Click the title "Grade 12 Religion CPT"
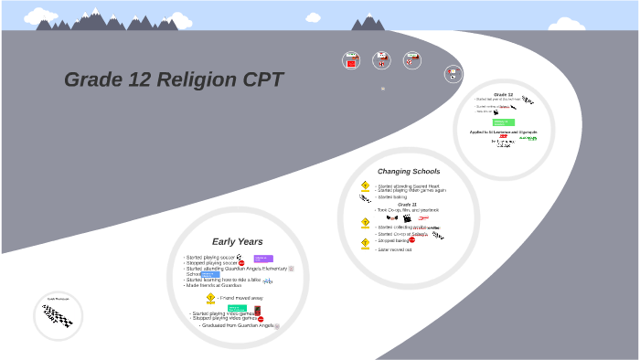[174, 80]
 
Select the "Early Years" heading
[237, 241]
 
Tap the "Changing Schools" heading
[409, 171]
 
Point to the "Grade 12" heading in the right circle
[503, 94]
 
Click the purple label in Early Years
[263, 259]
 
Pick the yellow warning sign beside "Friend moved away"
[210, 298]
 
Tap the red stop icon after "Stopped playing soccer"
[242, 263]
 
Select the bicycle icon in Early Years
[268, 281]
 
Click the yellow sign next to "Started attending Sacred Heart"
[366, 185]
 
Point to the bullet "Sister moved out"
[394, 249]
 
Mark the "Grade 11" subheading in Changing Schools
[407, 204]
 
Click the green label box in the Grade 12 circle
[503, 122]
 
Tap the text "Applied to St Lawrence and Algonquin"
[503, 132]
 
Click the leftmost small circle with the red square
[351, 60]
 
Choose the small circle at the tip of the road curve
[453, 74]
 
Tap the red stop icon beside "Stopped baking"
[412, 239]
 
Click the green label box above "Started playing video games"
[237, 308]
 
